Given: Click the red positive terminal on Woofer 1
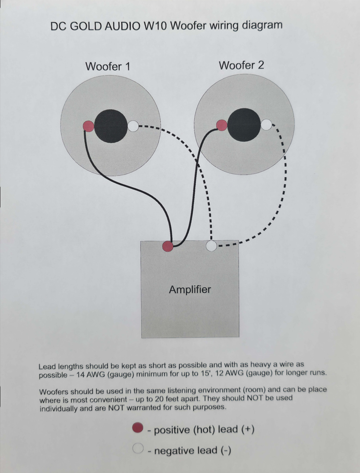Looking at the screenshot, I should [89, 126].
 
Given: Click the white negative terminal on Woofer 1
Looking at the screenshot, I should [133, 126].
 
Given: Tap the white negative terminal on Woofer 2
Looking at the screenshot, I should [266, 125].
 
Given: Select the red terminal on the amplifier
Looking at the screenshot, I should [167, 246].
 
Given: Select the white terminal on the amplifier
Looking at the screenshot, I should [211, 246].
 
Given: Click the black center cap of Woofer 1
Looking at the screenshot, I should [111, 126].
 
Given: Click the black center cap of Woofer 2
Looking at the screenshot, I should [244, 125].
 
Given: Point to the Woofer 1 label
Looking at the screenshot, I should [108, 67].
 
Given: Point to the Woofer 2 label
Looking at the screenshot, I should [241, 65].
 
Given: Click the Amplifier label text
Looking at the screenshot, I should [190, 290].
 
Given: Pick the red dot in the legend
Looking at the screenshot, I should [138, 428].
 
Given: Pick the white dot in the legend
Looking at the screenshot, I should [138, 448].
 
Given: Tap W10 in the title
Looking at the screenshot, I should [155, 26].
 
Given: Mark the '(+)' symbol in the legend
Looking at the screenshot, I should [248, 429].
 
